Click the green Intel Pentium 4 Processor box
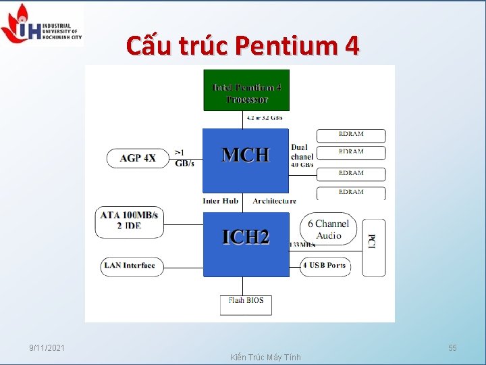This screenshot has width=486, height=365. coord(246,90)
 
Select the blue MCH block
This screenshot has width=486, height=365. coord(246,160)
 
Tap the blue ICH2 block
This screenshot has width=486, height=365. coord(246,243)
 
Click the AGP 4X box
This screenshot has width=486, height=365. coord(138,158)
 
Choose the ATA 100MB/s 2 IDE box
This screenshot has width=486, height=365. coord(129,221)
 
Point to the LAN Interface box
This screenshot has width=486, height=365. coord(130,266)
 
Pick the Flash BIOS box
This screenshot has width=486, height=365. coord(246,304)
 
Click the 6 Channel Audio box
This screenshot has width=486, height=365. coord(329,230)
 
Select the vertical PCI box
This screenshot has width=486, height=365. coord(373,247)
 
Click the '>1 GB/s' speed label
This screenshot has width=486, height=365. coord(184,158)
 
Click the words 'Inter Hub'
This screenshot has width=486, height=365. coord(220,201)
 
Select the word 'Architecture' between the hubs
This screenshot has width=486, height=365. coord(274,201)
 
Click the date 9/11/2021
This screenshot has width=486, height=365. coord(47,348)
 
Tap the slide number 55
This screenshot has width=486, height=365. coord(452,348)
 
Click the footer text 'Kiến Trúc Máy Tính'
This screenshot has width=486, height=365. coord(265,357)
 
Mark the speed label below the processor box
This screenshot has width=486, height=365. coord(264,118)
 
